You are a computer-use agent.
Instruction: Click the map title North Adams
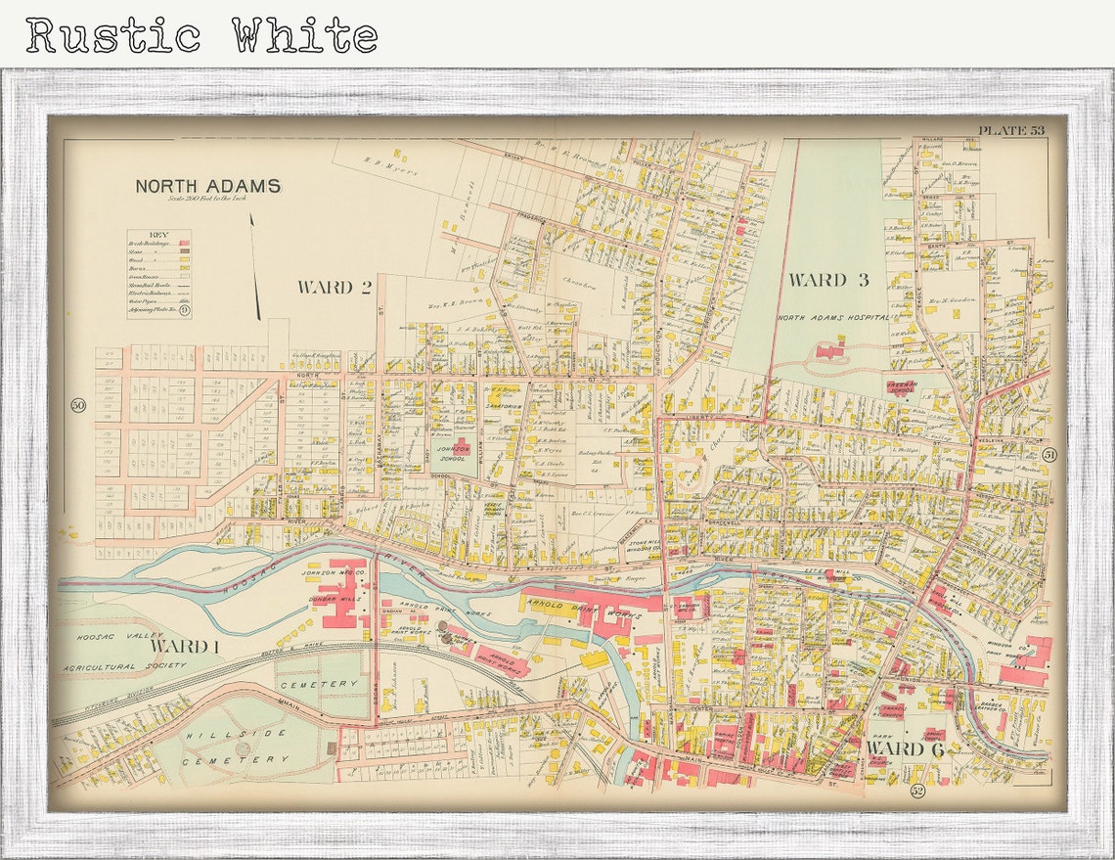click(207, 186)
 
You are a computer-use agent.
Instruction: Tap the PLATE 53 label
click(1011, 131)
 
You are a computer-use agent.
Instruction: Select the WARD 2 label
click(334, 287)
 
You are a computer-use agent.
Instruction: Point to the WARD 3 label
click(828, 281)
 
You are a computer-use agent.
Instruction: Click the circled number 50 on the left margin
click(78, 405)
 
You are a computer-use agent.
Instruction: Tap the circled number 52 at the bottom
click(916, 790)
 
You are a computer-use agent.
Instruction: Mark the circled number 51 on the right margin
click(1049, 454)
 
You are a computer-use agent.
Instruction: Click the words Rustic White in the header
click(201, 35)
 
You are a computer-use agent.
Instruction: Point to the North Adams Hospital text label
click(833, 318)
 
